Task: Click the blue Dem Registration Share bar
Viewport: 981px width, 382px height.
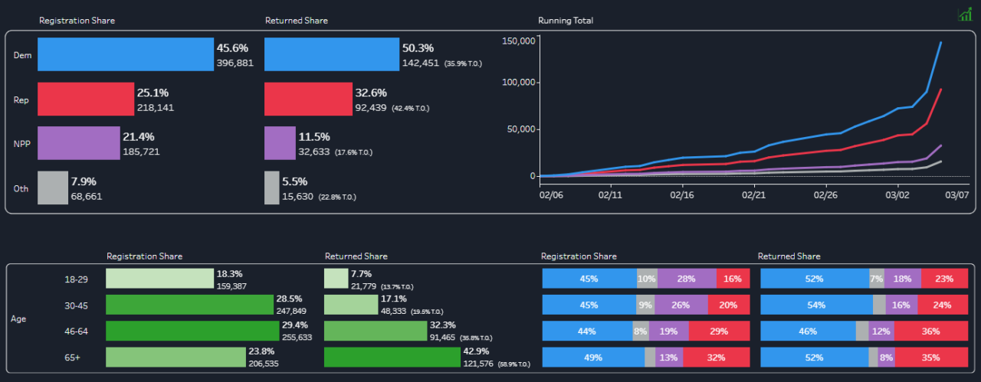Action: (x=125, y=55)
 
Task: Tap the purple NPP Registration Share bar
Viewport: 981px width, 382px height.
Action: (x=79, y=143)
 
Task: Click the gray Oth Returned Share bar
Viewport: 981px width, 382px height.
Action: (x=272, y=188)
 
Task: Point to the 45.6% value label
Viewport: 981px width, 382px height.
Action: (x=232, y=48)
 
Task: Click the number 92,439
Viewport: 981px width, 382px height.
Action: (x=371, y=108)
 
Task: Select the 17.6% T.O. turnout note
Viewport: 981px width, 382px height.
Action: (x=353, y=152)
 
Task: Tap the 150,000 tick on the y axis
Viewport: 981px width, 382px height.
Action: (x=517, y=41)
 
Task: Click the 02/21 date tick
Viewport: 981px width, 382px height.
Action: (x=754, y=195)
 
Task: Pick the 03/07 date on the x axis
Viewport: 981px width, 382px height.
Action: (x=957, y=195)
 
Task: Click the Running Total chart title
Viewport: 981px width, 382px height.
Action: (x=566, y=21)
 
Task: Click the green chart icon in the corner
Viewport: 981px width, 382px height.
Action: (x=965, y=15)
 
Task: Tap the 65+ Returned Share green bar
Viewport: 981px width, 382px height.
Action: (x=391, y=358)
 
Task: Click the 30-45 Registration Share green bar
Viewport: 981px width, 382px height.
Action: (x=189, y=305)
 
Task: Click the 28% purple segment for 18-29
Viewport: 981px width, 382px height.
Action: (x=686, y=279)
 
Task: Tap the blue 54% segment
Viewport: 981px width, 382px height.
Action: (x=815, y=305)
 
